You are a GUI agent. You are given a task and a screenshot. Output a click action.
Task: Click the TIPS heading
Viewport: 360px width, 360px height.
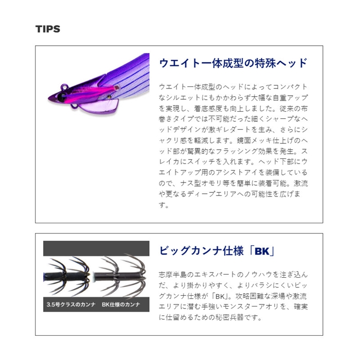tap(48, 29)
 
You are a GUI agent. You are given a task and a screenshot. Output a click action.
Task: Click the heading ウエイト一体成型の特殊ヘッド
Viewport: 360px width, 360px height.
tap(233, 63)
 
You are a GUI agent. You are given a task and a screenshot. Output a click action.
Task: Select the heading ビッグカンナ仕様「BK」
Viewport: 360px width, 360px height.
tap(217, 251)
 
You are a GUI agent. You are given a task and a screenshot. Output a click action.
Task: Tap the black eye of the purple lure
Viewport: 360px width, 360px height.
tap(62, 97)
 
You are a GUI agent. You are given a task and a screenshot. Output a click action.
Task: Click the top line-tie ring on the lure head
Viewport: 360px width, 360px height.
tap(64, 87)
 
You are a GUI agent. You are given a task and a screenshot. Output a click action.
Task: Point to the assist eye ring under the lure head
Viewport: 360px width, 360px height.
tap(74, 106)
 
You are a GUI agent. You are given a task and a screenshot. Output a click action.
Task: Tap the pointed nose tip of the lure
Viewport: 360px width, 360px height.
tap(49, 99)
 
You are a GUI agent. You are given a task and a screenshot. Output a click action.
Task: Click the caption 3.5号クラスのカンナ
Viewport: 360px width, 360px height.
tap(71, 304)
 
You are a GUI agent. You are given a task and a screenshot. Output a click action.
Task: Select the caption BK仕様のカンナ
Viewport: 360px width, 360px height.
tap(121, 304)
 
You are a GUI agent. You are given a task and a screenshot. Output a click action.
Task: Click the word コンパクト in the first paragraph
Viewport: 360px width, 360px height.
tap(290, 87)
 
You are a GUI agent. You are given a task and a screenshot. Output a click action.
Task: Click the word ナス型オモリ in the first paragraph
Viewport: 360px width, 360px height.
tap(201, 183)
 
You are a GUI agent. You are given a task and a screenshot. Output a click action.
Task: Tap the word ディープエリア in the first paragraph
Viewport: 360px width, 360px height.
tap(212, 194)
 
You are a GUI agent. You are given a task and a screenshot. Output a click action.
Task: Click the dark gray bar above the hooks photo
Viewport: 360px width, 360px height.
tap(96, 248)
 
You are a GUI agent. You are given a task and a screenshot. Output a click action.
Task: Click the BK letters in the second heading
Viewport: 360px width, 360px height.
tap(262, 251)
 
